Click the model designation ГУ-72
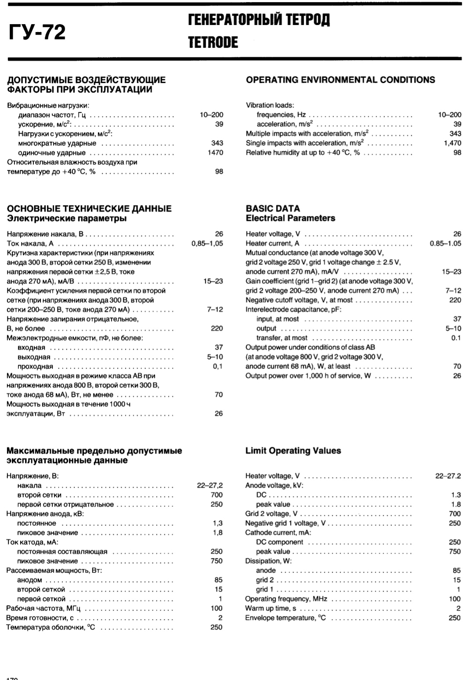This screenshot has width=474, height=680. [37, 32]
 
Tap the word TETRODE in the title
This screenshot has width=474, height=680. [213, 43]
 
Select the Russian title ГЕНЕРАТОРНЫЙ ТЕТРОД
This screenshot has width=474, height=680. [259, 20]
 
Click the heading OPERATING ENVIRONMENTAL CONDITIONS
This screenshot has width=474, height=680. [341, 80]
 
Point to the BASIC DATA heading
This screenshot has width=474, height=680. [273, 209]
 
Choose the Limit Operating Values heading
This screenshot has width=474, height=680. [293, 451]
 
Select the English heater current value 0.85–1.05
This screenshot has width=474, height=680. [445, 243]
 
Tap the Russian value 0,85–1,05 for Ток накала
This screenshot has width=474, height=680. [207, 243]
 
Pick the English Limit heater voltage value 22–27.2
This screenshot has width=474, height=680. [448, 476]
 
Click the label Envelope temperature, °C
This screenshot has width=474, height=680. [286, 618]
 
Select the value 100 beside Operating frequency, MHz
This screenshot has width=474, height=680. [455, 599]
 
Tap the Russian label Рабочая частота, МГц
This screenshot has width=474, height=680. [43, 608]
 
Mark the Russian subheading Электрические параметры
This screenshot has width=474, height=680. [66, 218]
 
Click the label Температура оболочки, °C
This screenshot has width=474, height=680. [51, 627]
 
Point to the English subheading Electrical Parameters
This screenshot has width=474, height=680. [290, 218]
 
